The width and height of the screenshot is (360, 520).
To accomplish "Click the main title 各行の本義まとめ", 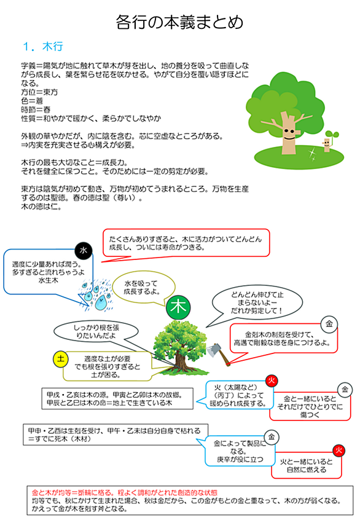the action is [x=179, y=22].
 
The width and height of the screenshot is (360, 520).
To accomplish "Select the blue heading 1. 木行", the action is [x=43, y=47].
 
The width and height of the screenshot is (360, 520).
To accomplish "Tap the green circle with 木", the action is [x=178, y=307].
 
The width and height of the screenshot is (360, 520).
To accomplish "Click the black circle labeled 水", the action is [x=83, y=250].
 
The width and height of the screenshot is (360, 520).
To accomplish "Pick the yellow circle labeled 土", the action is [x=61, y=358].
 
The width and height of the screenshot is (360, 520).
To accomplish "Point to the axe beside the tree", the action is [x=219, y=354].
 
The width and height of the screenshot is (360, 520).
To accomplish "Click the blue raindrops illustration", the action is [x=96, y=295].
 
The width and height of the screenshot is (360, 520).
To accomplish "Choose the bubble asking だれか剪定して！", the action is [x=257, y=302].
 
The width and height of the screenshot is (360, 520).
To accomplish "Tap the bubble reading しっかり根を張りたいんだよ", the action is [x=96, y=331].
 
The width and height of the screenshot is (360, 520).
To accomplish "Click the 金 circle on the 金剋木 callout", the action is [x=329, y=324].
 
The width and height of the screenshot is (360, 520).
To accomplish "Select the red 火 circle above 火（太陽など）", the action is [x=272, y=380].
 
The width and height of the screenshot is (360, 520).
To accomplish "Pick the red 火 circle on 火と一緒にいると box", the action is [x=338, y=451].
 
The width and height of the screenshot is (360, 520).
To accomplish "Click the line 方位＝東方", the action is [x=39, y=92].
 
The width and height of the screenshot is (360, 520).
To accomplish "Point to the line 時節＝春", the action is [x=36, y=109].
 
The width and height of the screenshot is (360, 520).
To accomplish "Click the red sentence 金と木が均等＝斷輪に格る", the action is [x=125, y=492].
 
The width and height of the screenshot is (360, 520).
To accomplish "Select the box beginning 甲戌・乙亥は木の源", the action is [x=117, y=399].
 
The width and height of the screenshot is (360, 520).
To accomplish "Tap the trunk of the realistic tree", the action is [x=180, y=360].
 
